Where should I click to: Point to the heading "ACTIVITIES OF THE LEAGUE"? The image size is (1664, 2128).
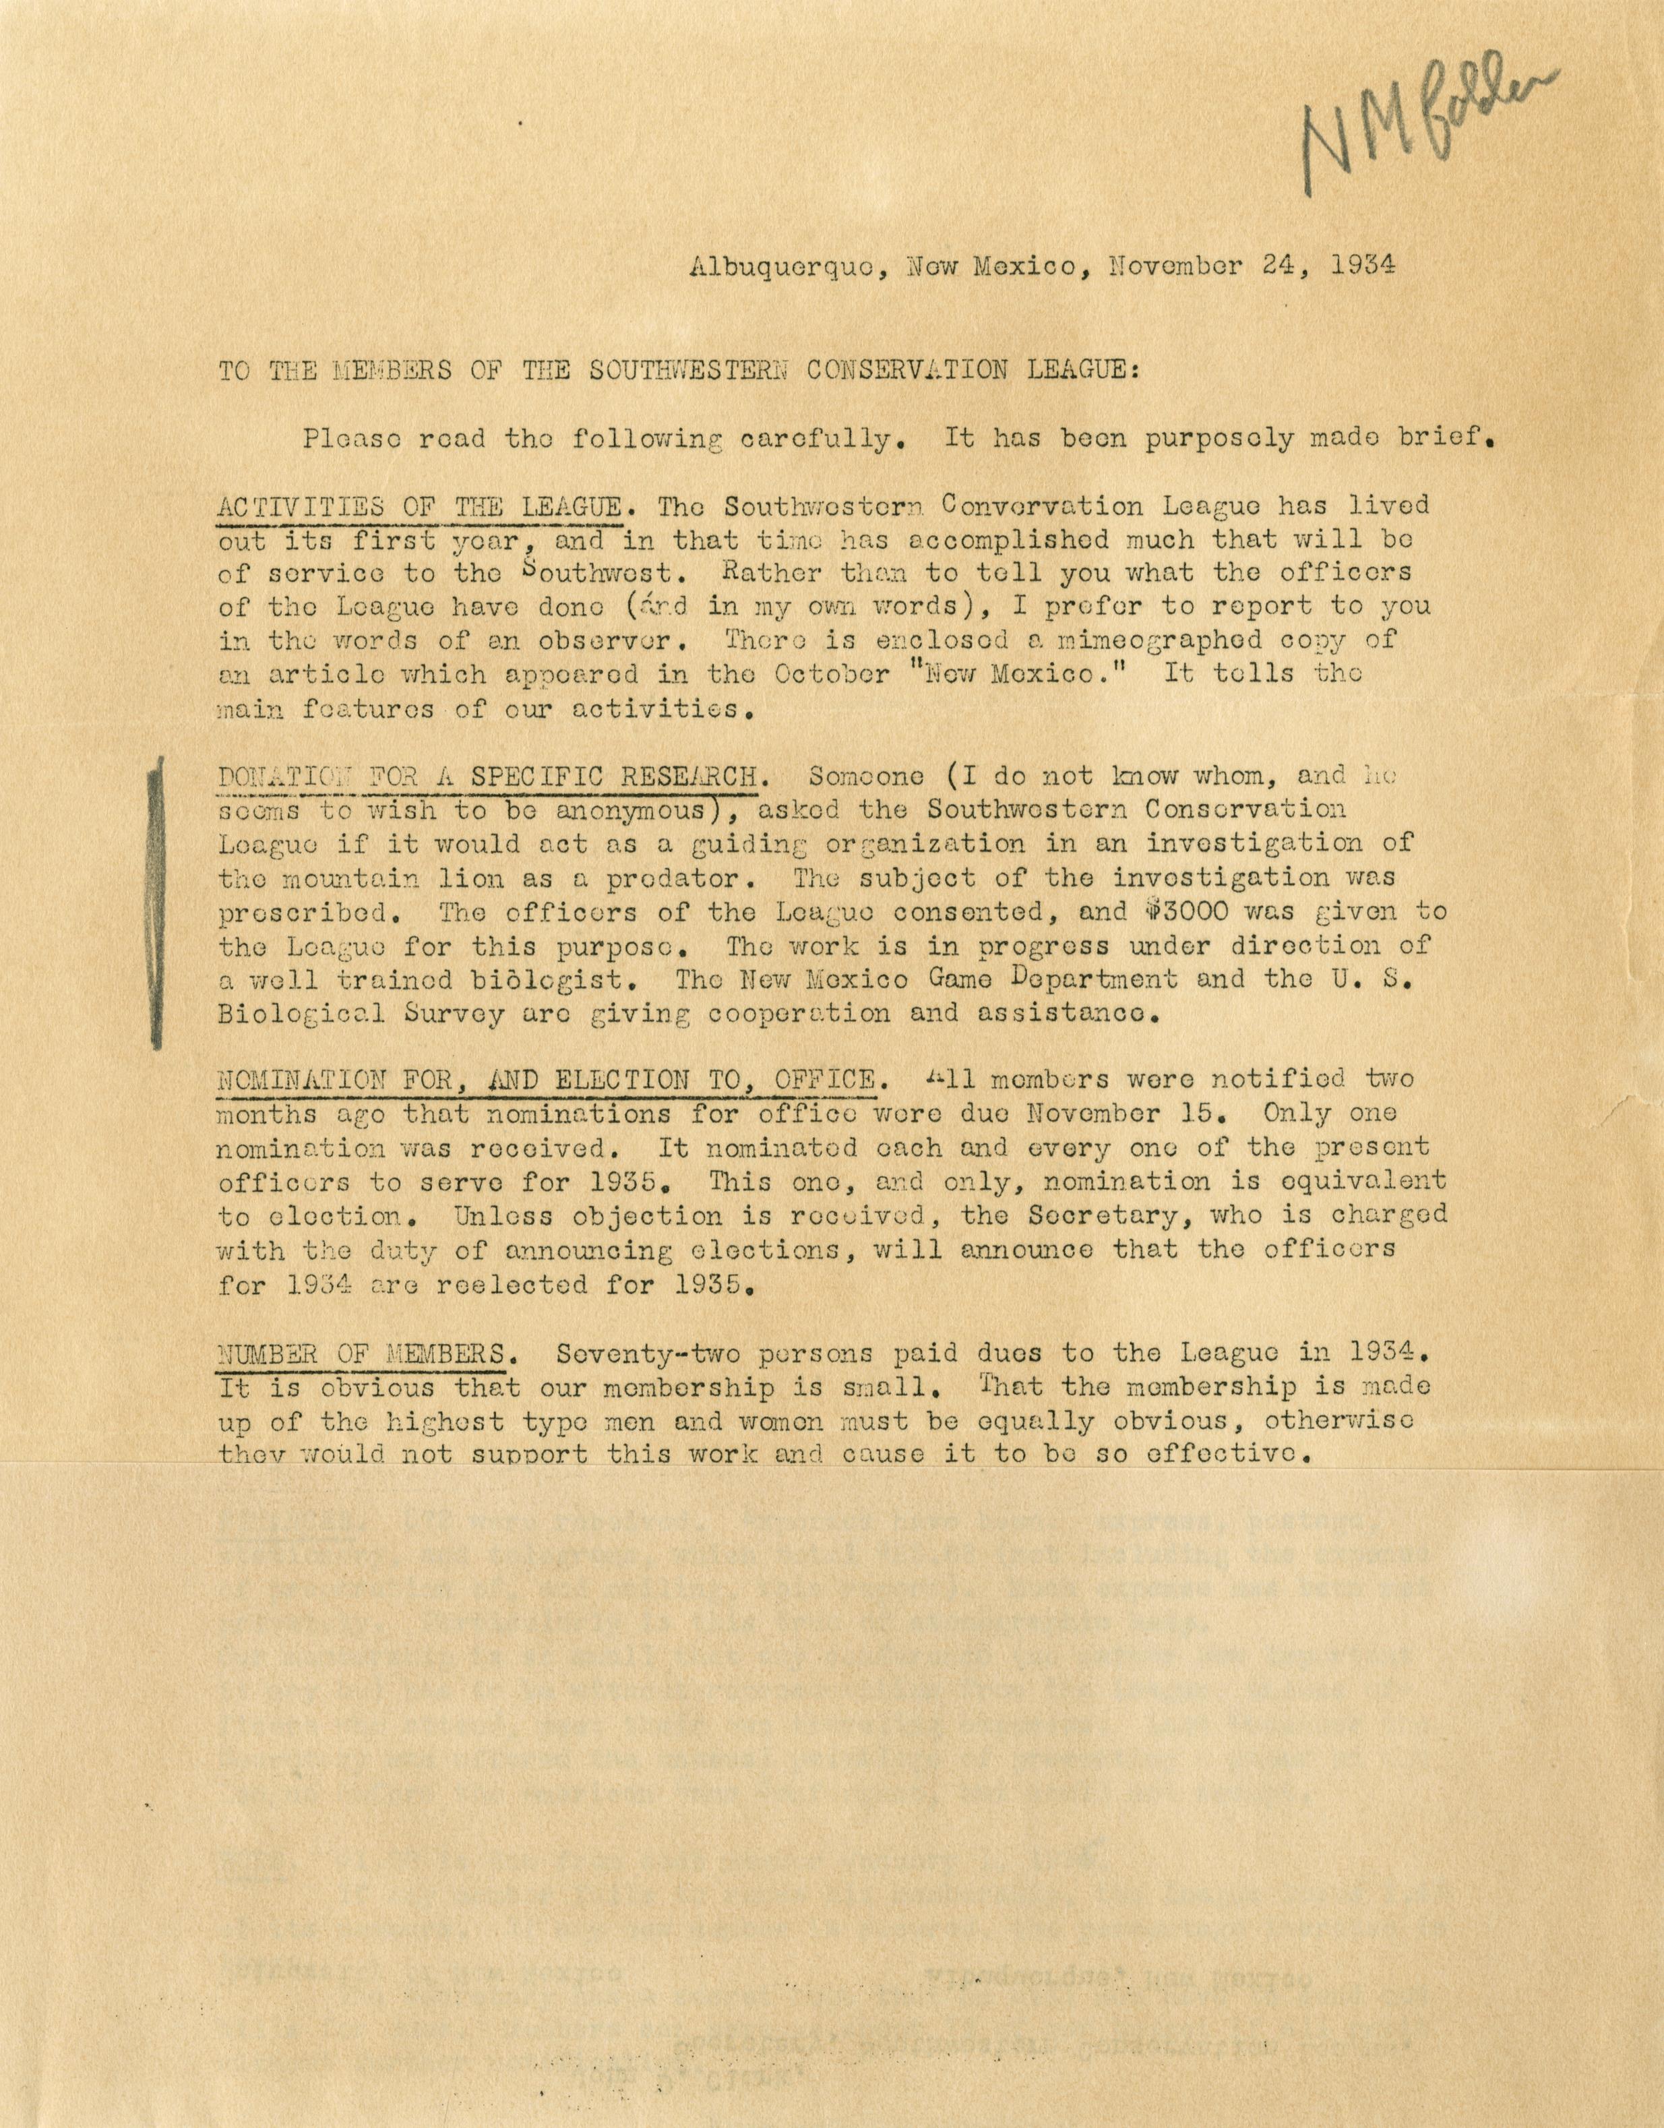419,507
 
